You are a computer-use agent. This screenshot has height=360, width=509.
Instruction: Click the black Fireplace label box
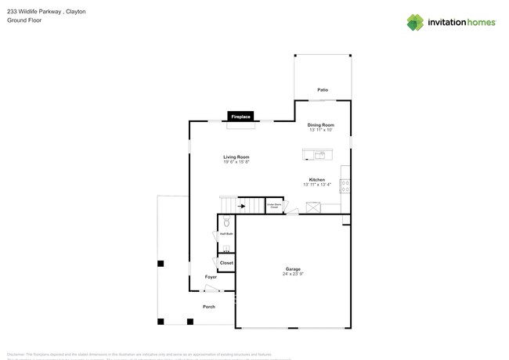click(240, 117)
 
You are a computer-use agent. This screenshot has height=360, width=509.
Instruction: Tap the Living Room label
click(236, 157)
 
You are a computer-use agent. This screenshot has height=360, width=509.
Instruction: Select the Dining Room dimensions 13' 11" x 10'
click(321, 130)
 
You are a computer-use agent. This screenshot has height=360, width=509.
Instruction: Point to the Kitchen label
click(317, 179)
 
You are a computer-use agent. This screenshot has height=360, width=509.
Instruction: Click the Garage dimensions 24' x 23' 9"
click(293, 275)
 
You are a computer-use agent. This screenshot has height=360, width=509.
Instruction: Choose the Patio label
click(323, 91)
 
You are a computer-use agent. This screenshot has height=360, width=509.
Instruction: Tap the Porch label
click(209, 307)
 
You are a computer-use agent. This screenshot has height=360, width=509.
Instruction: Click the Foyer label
click(211, 277)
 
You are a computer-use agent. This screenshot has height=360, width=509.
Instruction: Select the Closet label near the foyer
click(226, 263)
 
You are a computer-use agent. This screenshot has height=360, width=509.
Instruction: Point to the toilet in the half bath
click(226, 222)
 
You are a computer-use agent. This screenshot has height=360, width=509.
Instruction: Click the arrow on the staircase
click(241, 207)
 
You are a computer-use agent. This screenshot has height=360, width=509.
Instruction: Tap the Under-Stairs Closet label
click(274, 207)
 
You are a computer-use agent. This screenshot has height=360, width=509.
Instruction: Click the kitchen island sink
click(309, 153)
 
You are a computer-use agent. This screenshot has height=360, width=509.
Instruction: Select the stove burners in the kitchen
click(345, 186)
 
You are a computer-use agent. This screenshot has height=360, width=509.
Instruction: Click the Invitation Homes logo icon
click(415, 21)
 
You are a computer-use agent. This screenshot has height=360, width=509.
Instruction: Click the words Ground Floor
click(23, 21)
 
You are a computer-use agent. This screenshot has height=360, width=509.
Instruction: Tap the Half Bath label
click(226, 233)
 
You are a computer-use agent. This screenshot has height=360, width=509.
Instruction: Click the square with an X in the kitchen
click(313, 207)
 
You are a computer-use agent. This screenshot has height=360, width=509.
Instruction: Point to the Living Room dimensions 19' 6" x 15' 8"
click(236, 162)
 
